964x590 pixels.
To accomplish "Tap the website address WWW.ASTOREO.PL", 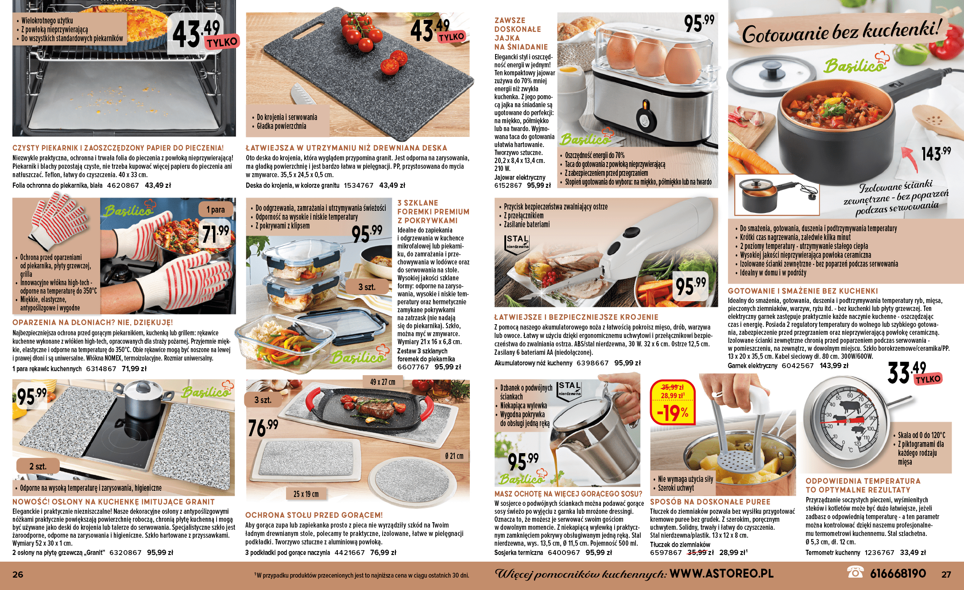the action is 721,574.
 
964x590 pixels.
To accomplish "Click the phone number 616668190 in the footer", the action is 898,574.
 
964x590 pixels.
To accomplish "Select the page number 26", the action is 18,574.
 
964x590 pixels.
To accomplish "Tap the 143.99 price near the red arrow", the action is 936,153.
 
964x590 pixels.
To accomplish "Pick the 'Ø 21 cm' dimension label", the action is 454,456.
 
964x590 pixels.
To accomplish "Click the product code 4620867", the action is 123,185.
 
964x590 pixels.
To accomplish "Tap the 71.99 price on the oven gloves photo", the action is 215,234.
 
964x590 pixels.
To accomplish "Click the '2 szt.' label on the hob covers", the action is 38,466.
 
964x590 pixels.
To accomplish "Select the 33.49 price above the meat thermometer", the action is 907,372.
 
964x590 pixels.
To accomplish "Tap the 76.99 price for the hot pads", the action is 263,427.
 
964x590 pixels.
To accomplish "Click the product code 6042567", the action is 798,365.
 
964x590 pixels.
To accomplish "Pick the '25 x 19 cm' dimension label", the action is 306,494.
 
